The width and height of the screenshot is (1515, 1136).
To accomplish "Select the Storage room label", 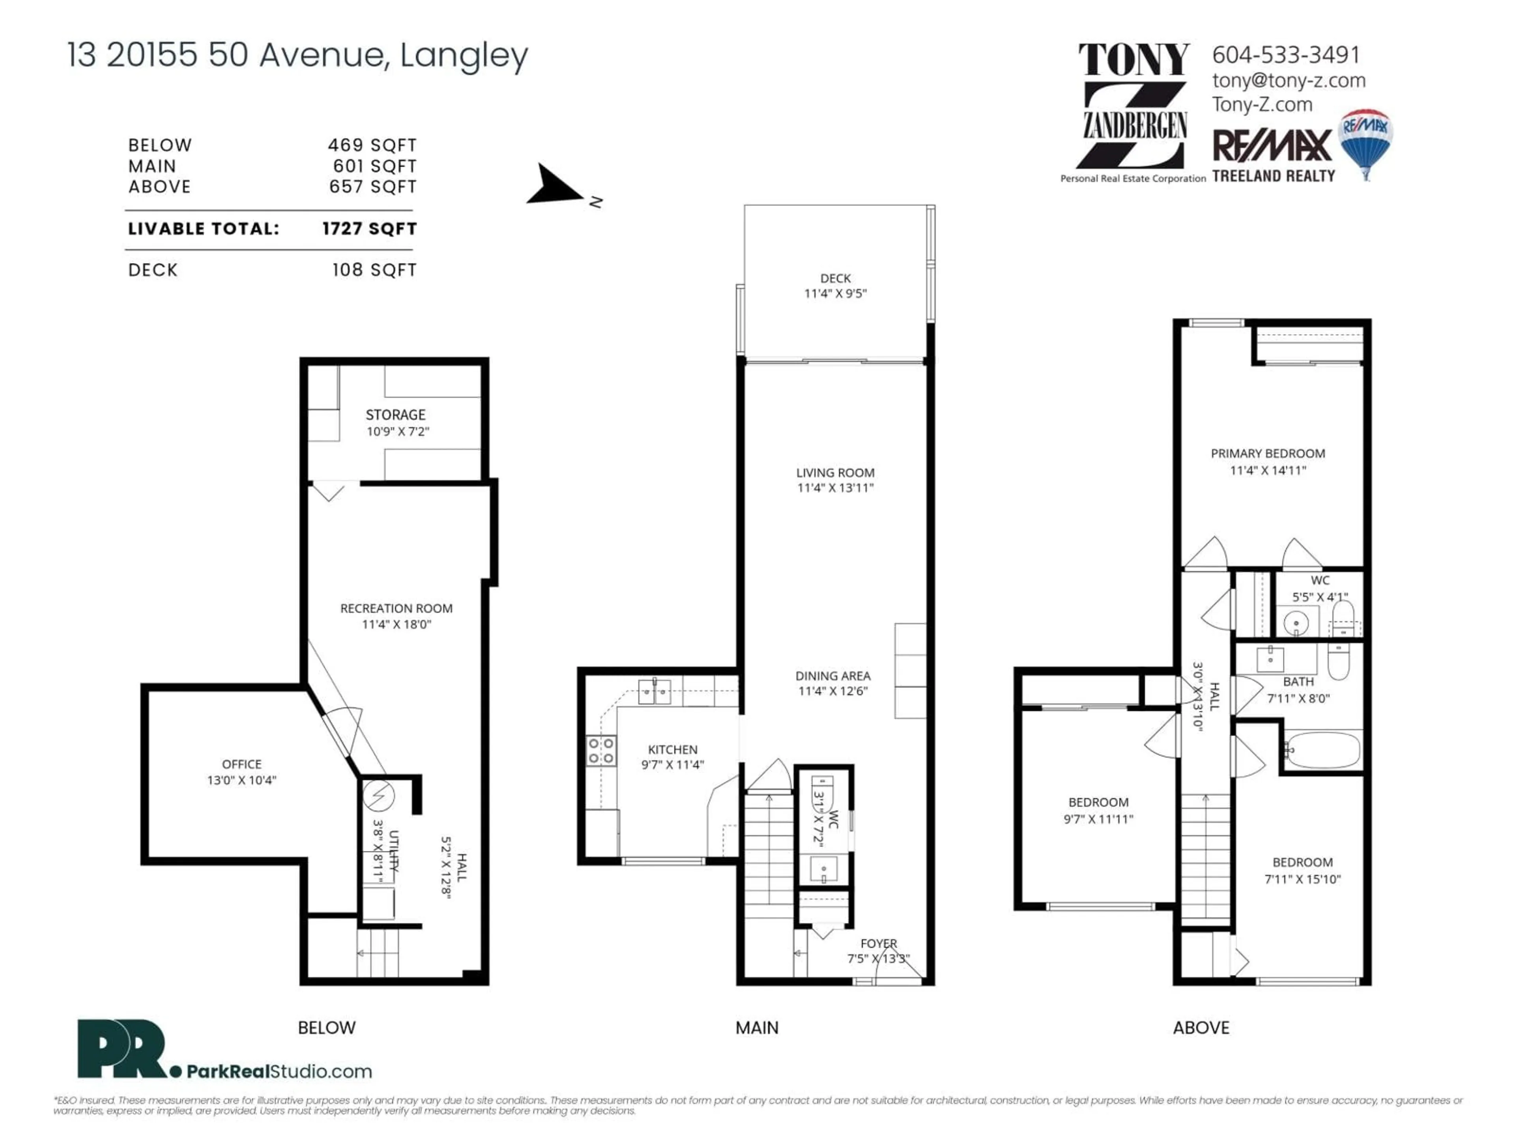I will point(395,415).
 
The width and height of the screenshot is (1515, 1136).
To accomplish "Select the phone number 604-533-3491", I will point(1285,55).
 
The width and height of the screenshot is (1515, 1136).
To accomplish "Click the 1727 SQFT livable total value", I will point(369,229).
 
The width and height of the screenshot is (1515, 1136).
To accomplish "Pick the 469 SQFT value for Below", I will point(372,145).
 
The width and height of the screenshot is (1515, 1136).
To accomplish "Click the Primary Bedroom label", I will point(1268,453).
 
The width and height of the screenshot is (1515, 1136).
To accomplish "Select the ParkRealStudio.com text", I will point(279,1072).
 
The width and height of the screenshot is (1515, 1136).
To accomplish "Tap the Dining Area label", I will point(833,676).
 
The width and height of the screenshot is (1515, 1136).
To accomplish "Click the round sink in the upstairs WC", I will point(1296,624).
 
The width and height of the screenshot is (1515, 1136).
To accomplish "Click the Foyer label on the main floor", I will point(878,944).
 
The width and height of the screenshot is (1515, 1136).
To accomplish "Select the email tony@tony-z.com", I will point(1288,81).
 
